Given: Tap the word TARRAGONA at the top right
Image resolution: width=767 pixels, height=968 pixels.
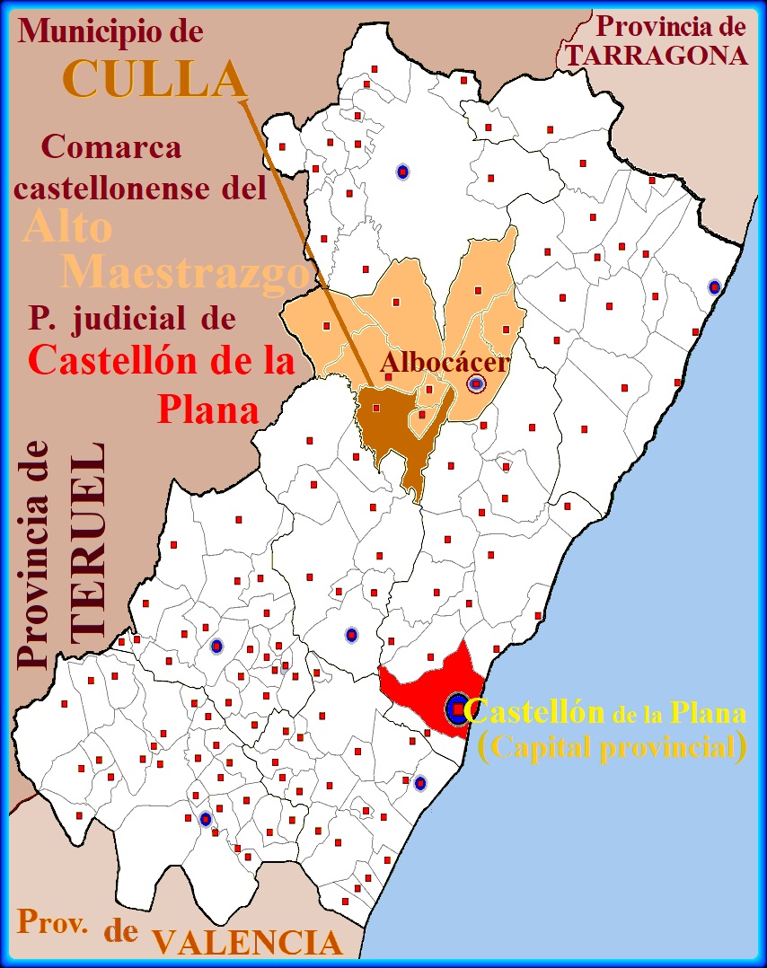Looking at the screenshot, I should pyautogui.click(x=657, y=56).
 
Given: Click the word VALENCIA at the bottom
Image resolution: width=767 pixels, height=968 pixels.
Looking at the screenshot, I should pyautogui.click(x=247, y=942).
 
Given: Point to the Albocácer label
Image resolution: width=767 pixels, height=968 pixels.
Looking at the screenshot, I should pyautogui.click(x=445, y=363).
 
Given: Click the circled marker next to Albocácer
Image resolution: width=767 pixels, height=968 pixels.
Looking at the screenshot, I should pyautogui.click(x=476, y=384).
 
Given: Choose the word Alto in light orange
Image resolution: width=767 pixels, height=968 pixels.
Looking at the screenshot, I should pyautogui.click(x=68, y=227).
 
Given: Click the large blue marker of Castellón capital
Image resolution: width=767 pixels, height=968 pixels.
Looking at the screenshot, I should pyautogui.click(x=457, y=709).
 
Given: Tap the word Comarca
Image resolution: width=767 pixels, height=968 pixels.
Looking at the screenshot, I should pyautogui.click(x=111, y=146).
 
